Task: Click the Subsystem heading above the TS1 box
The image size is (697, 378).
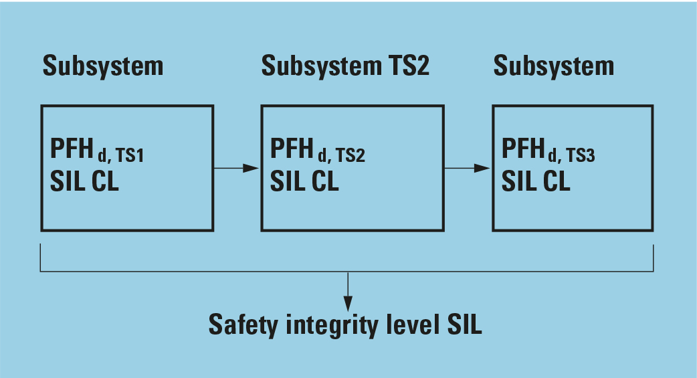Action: point(102,66)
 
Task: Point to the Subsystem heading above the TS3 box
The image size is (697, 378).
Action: point(553,66)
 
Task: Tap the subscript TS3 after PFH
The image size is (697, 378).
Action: point(581,156)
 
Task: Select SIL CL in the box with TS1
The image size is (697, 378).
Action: point(84,182)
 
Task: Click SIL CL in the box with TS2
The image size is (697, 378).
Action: point(304,181)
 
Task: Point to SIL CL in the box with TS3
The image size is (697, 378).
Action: point(536,181)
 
